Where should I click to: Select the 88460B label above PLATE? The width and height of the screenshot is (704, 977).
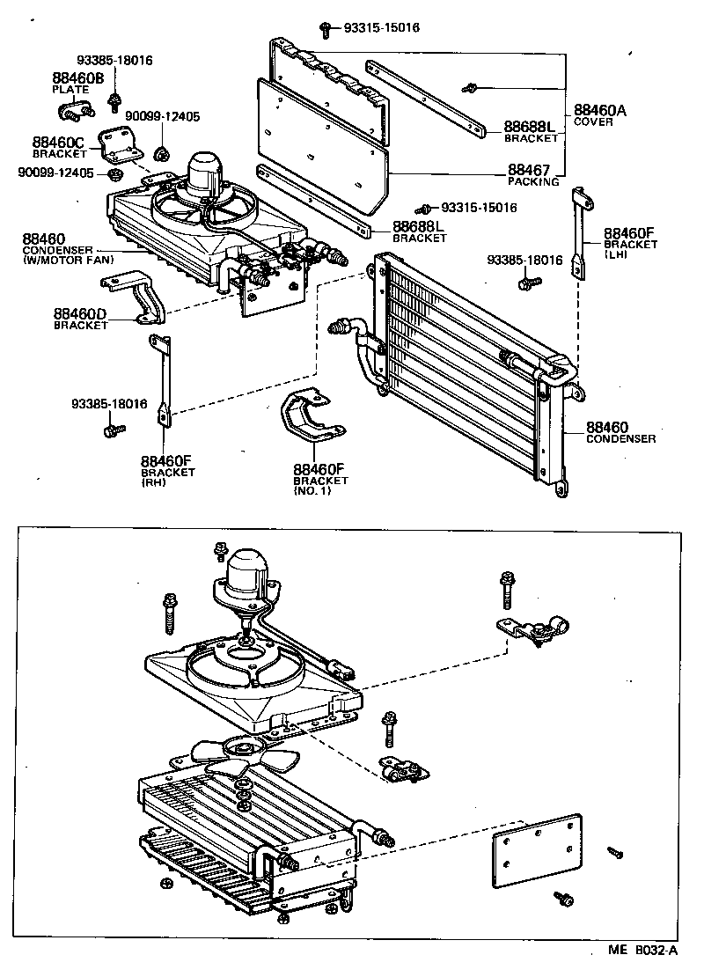point(77,77)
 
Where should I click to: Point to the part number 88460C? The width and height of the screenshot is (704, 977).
point(57,142)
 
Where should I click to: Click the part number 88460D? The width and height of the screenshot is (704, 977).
point(80,313)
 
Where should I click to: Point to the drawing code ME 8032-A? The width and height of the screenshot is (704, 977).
point(643,951)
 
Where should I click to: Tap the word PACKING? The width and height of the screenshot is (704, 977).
point(533,181)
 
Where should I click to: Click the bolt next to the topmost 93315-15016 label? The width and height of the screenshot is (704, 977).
point(325,29)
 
